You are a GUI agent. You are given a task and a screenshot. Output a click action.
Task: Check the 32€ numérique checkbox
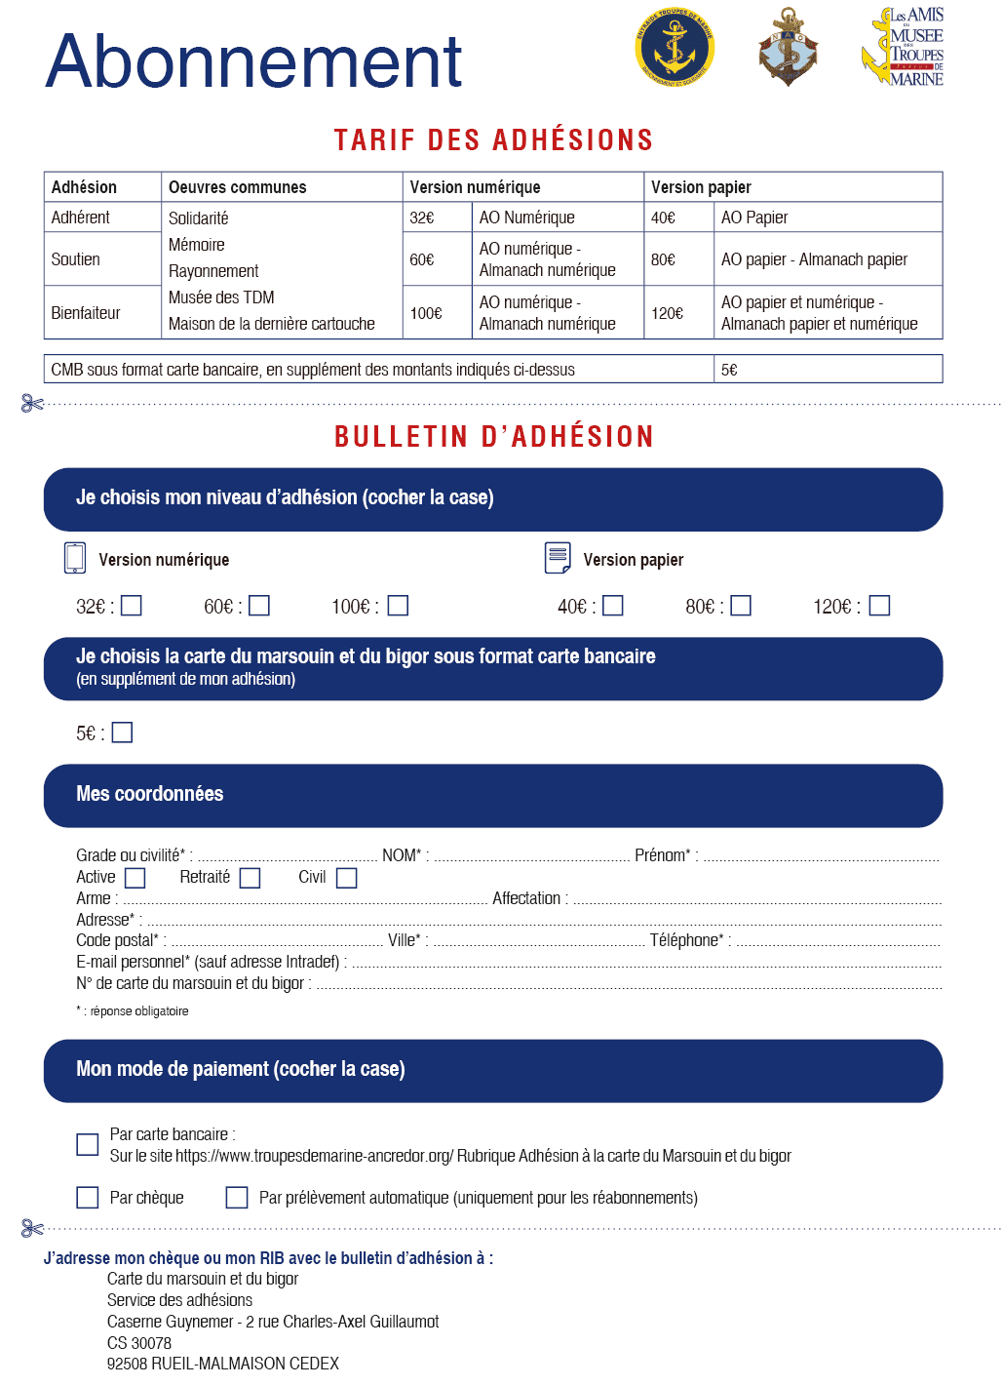pos(132,606)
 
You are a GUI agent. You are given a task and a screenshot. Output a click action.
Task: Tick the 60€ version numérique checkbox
pos(259,606)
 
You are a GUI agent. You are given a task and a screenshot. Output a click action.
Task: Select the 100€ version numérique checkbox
pos(398,606)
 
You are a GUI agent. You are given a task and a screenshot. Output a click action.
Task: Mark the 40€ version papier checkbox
pos(613,606)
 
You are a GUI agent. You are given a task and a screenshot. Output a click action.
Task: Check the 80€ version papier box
pos(741,606)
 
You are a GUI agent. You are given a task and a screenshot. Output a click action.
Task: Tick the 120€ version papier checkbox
pos(879,606)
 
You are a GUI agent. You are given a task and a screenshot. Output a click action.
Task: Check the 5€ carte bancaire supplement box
pos(122,733)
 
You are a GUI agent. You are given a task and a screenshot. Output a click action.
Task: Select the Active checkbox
pos(135,878)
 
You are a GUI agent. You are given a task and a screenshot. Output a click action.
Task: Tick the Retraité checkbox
pos(251,878)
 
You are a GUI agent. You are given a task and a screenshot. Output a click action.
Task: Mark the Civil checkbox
pos(346,878)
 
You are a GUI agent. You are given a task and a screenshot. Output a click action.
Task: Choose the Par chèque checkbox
pos(88,1197)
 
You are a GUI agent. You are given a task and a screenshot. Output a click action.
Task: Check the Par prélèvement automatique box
pos(237,1197)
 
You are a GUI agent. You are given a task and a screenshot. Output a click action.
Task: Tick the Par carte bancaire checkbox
pos(88,1144)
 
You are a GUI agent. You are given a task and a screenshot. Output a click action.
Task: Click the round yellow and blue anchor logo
pos(675,47)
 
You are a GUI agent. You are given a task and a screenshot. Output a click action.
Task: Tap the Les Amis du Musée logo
pos(904,47)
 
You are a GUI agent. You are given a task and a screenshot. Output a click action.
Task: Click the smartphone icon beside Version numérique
pos(75,558)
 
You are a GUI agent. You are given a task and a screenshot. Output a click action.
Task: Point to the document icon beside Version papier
pos(558,558)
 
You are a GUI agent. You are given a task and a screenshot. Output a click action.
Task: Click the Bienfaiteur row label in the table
pos(86,313)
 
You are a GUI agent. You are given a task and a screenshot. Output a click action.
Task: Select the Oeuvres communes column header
pos(237,187)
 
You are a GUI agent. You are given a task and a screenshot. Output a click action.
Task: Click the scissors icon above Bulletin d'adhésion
pos(32,403)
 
